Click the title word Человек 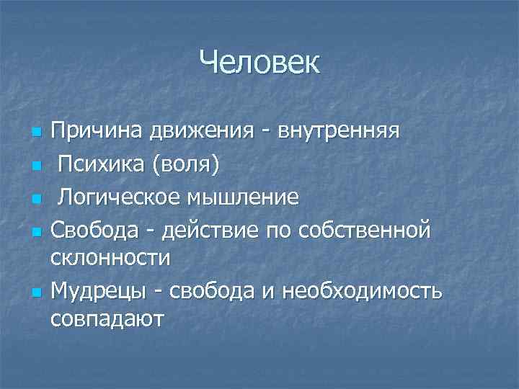click(259, 63)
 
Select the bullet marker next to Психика click(35, 166)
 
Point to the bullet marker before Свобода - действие click(35, 231)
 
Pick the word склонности click(111, 256)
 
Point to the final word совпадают click(107, 318)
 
